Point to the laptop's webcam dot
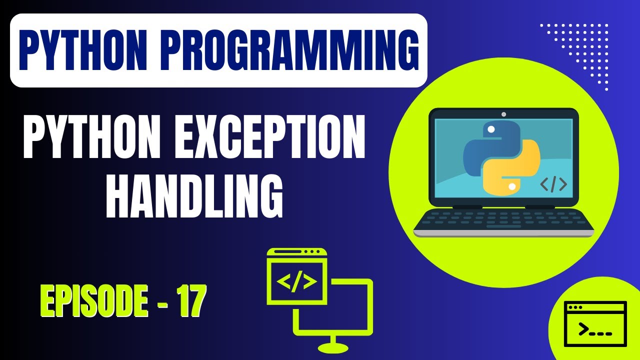(x=503, y=114)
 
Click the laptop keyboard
(x=503, y=220)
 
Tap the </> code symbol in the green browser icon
(x=296, y=282)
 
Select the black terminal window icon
(x=594, y=323)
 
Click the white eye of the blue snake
(x=491, y=129)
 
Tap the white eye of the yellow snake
(x=511, y=186)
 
